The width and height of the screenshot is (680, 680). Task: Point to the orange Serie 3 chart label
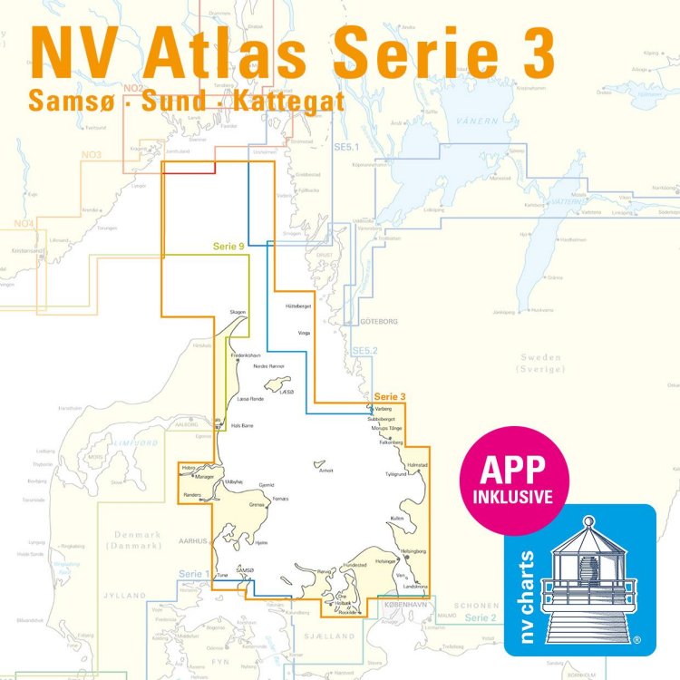click(390, 396)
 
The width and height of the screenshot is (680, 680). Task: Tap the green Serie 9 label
click(228, 246)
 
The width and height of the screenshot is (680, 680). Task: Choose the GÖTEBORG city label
click(379, 321)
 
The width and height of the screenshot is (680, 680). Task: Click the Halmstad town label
click(418, 463)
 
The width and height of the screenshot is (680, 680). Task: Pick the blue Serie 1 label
click(193, 574)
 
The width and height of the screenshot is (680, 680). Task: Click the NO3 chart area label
click(92, 155)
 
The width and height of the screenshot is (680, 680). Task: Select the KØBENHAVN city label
click(406, 604)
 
